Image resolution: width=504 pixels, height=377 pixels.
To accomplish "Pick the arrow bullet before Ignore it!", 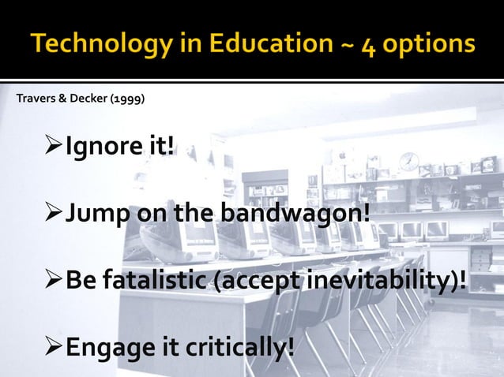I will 55,147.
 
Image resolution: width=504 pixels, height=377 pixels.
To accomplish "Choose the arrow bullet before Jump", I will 55,213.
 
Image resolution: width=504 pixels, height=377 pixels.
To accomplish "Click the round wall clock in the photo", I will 408,161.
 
